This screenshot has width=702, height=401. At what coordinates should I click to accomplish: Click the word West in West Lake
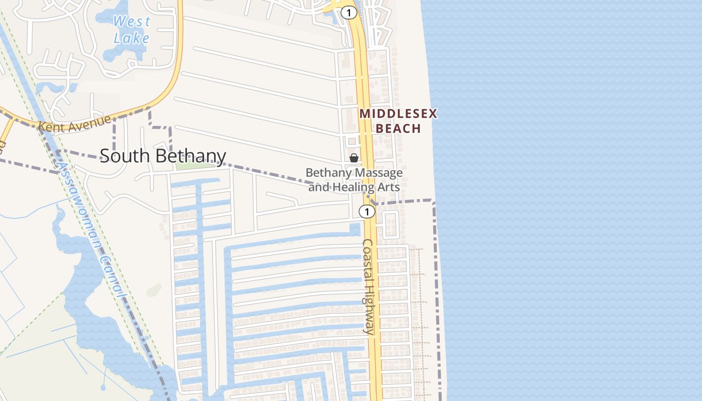132,22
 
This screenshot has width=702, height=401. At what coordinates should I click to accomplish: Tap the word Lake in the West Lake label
131,38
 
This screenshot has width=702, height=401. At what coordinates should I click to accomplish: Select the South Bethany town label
163,156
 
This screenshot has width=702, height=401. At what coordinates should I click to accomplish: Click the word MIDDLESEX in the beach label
398,114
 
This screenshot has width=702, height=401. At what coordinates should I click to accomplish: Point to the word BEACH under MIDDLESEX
398,128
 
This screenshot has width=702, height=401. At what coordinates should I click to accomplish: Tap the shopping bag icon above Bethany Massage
354,158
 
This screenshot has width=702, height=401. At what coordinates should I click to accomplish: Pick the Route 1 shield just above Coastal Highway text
367,212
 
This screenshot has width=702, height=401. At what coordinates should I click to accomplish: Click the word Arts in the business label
389,187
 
